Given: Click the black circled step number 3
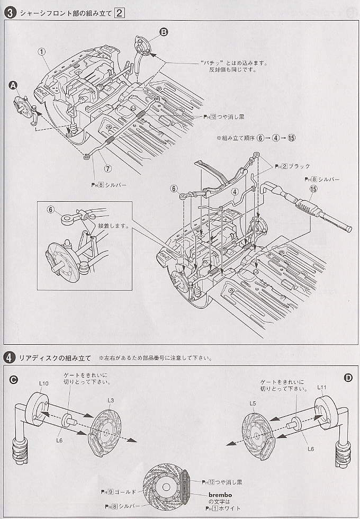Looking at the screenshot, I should pos(9,13).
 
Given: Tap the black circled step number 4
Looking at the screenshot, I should pos(9,357).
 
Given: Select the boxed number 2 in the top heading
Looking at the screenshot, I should pos(120,13).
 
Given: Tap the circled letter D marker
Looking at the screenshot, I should pos(348,378).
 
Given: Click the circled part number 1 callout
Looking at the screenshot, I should pos(42,51).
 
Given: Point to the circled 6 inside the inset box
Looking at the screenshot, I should pos(51,210).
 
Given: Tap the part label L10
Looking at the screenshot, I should pos(44,383).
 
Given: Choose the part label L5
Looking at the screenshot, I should pos(253,404).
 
